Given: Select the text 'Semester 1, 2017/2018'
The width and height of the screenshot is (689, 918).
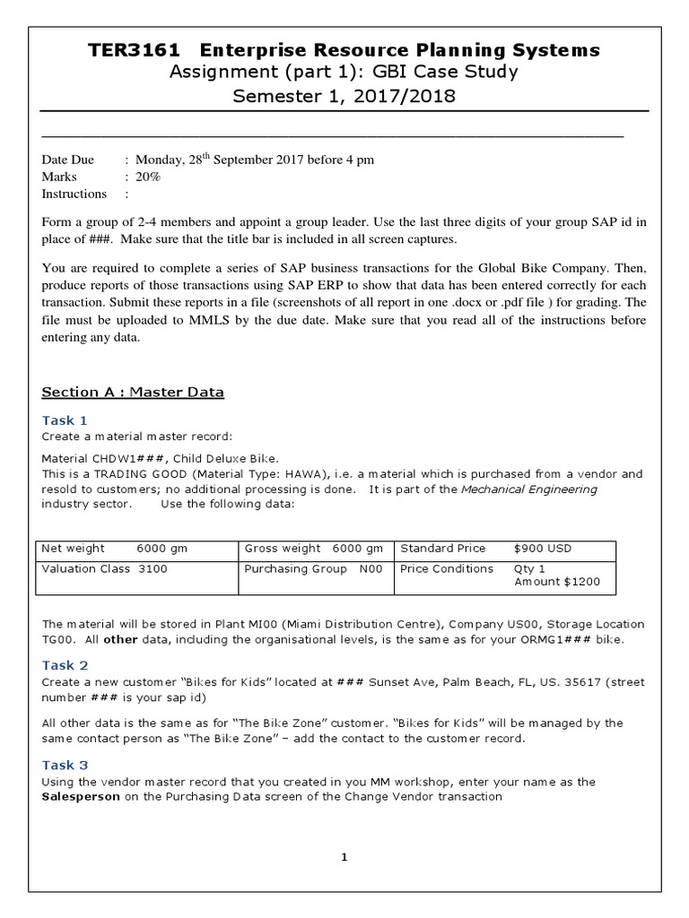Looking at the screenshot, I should pos(344,96).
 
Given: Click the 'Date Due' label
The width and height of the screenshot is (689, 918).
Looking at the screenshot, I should pos(68,160).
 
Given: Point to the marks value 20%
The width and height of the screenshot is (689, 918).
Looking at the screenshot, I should pos(148,178).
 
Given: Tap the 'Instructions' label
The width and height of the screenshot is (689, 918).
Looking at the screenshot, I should pos(74,194).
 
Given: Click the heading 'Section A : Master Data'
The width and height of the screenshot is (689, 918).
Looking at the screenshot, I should pos(133,392).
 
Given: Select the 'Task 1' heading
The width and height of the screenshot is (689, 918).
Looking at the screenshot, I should pos(65,420).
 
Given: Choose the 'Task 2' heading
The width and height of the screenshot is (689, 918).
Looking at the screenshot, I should pos(65,665).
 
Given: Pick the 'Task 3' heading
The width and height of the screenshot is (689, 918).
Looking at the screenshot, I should pos(65,765).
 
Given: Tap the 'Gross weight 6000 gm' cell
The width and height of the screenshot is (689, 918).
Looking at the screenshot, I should pos(313,549).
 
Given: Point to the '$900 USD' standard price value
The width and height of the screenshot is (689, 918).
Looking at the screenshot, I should pos(543,549).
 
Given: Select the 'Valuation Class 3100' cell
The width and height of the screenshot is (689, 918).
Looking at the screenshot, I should pos(104,568).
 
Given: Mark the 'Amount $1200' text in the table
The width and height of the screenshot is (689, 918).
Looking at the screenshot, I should pos(557,582).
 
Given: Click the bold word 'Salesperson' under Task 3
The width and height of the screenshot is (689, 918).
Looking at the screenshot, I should pos(81,796).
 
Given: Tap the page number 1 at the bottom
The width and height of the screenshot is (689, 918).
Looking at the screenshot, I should pos(344,858).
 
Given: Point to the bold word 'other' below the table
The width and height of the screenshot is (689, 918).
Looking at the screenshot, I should pos(120,641).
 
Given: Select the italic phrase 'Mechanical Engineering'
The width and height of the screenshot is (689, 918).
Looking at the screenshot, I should pos(528,489).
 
